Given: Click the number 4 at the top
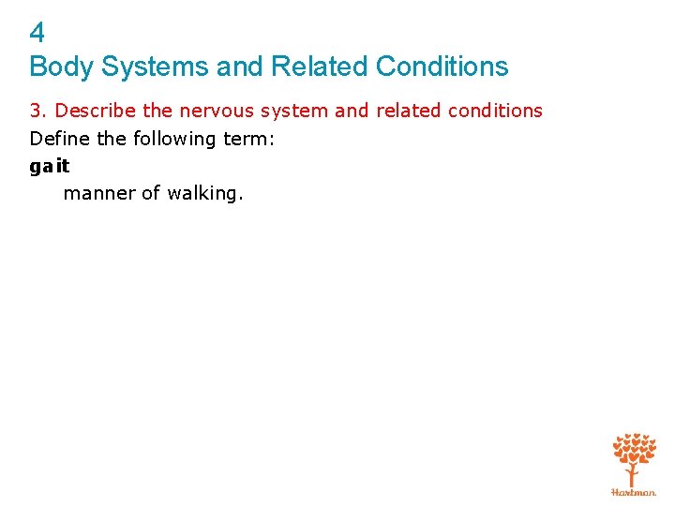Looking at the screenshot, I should [x=37, y=34].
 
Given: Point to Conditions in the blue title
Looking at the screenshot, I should [x=442, y=67].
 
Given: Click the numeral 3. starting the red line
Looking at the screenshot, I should [x=38, y=111].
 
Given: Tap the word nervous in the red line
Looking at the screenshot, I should [x=216, y=111].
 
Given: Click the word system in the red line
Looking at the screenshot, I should [x=293, y=111].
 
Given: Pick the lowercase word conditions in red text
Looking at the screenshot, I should [x=494, y=111].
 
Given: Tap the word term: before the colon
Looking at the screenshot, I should [x=247, y=139].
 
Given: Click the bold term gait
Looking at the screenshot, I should [x=50, y=166].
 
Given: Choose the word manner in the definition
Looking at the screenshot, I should [x=97, y=193].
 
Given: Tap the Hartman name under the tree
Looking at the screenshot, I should [x=634, y=491].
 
